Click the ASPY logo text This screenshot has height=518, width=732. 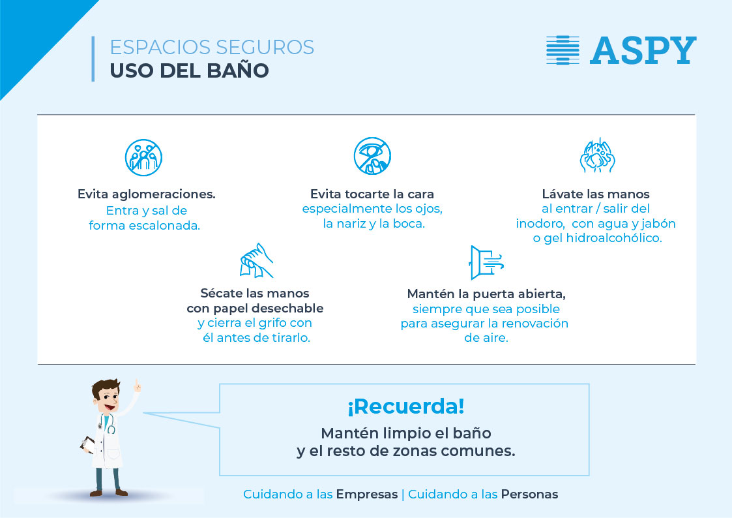point(643,50)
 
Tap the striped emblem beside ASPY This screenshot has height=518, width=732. point(563,50)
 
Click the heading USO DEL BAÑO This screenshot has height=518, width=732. point(190,70)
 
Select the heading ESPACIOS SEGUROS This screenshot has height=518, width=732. point(212,47)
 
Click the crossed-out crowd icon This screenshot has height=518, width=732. point(144,157)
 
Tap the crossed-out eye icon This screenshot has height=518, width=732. point(372,156)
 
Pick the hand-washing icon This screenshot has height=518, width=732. point(597,155)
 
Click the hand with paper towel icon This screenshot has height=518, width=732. point(256,260)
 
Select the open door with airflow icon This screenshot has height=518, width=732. point(486,262)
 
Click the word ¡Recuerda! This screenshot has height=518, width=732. point(405,406)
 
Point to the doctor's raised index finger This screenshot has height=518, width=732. point(137,386)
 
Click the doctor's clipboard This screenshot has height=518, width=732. point(87,444)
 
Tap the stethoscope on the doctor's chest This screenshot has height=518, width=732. point(107,423)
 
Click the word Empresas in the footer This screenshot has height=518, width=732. point(367,494)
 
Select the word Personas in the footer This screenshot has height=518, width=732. point(529,494)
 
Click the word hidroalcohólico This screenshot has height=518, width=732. point(614,238)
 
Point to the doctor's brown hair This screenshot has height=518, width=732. point(104,388)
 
